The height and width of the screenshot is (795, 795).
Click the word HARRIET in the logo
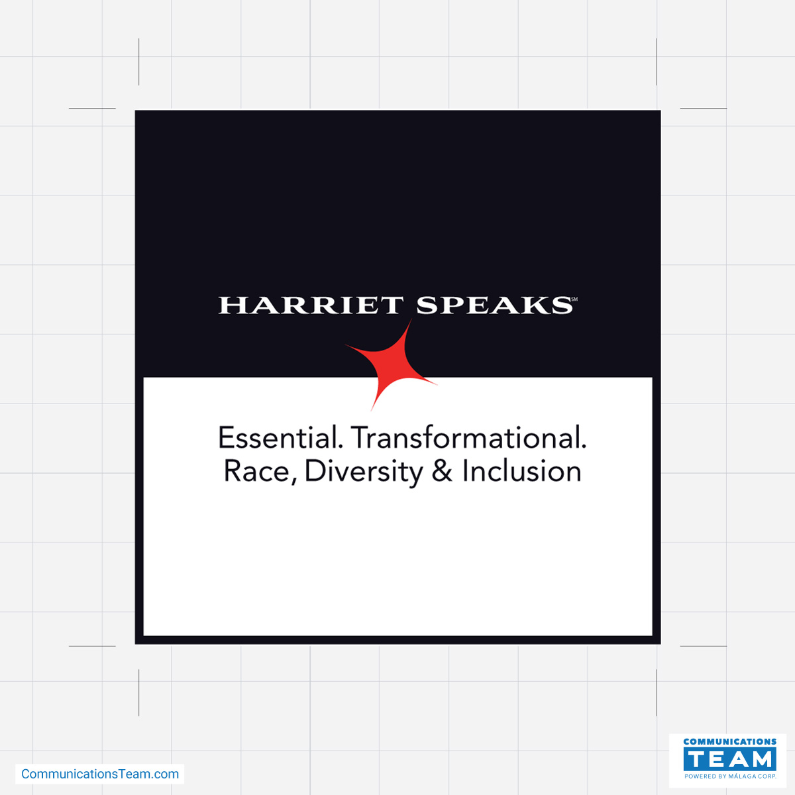pos(310,305)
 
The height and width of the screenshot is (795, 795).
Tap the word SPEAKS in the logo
pos(494,305)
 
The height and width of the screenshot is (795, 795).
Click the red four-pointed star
pos(391,364)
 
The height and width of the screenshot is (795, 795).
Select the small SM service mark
pos(574,299)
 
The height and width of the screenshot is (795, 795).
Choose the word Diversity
pos(364,473)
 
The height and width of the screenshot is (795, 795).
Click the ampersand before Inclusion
pos(442,471)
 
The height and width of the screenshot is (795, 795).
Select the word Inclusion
pos(522,471)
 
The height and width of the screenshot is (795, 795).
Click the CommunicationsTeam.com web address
pos(100,774)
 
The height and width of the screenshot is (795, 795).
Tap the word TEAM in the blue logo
pos(730,759)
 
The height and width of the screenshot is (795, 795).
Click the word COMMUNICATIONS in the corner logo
pos(730,741)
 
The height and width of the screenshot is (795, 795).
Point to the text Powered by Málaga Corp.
pos(730,776)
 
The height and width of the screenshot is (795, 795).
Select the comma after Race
pos(294,482)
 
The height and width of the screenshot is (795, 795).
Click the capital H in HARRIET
pos(232,305)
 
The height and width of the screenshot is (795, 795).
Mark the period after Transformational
pos(584,447)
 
